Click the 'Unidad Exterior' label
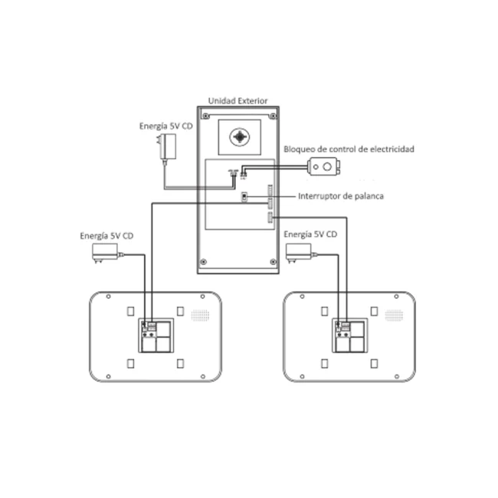[238, 100]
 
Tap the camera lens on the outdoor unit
[239, 137]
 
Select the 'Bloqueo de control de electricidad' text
[349, 149]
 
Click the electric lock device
[324, 166]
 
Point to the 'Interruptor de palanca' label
[341, 196]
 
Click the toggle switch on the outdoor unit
[244, 197]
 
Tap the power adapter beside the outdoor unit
[166, 147]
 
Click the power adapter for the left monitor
[106, 253]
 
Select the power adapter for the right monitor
[300, 253]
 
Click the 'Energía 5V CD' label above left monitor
[106, 236]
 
